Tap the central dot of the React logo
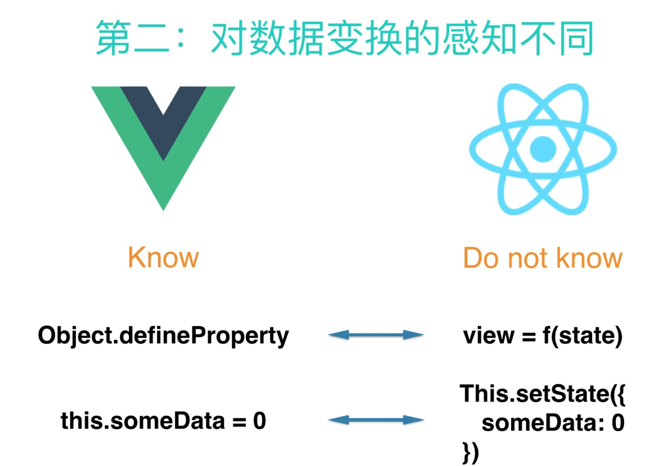(x=543, y=149)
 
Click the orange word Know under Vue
(x=163, y=258)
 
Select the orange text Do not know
(x=543, y=258)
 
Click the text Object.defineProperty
(x=163, y=336)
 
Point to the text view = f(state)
(x=543, y=336)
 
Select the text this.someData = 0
(x=163, y=421)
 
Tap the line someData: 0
(x=553, y=423)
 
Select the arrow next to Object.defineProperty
(x=376, y=335)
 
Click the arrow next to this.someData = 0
(x=376, y=420)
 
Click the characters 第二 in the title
(x=133, y=38)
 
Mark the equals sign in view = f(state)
(x=529, y=337)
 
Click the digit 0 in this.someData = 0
(x=260, y=421)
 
